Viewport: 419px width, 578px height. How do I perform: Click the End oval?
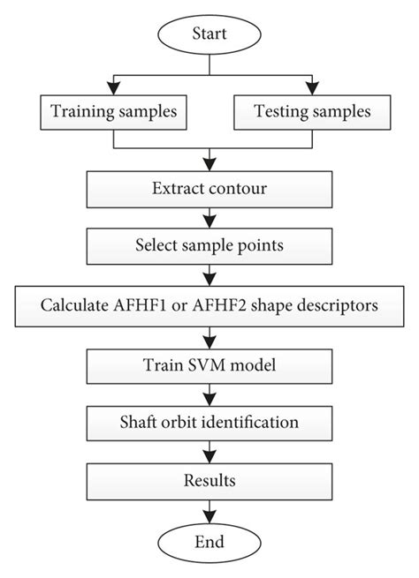click(209, 541)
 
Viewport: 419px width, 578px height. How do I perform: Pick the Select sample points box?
click(209, 247)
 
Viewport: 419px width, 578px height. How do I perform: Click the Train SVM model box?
click(209, 364)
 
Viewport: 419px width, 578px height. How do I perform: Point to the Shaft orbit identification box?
click(209, 422)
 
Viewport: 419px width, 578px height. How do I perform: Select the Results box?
click(209, 480)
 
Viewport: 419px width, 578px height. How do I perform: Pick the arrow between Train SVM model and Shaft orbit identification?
click(209, 393)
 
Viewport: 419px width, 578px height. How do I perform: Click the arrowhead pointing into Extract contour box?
click(209, 167)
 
